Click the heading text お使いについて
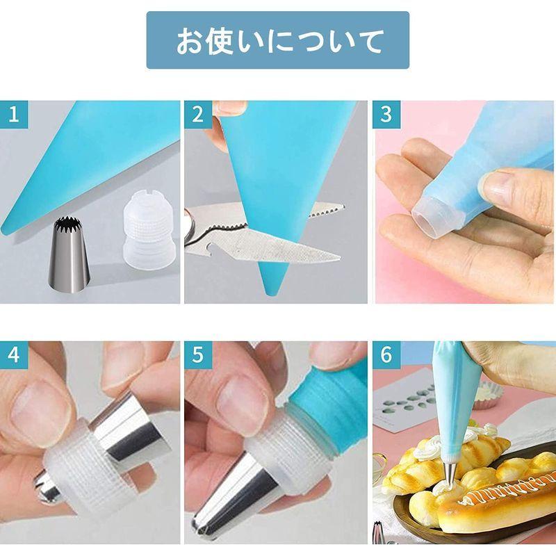click(x=277, y=40)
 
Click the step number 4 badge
click(x=13, y=355)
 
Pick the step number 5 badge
click(x=199, y=355)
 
